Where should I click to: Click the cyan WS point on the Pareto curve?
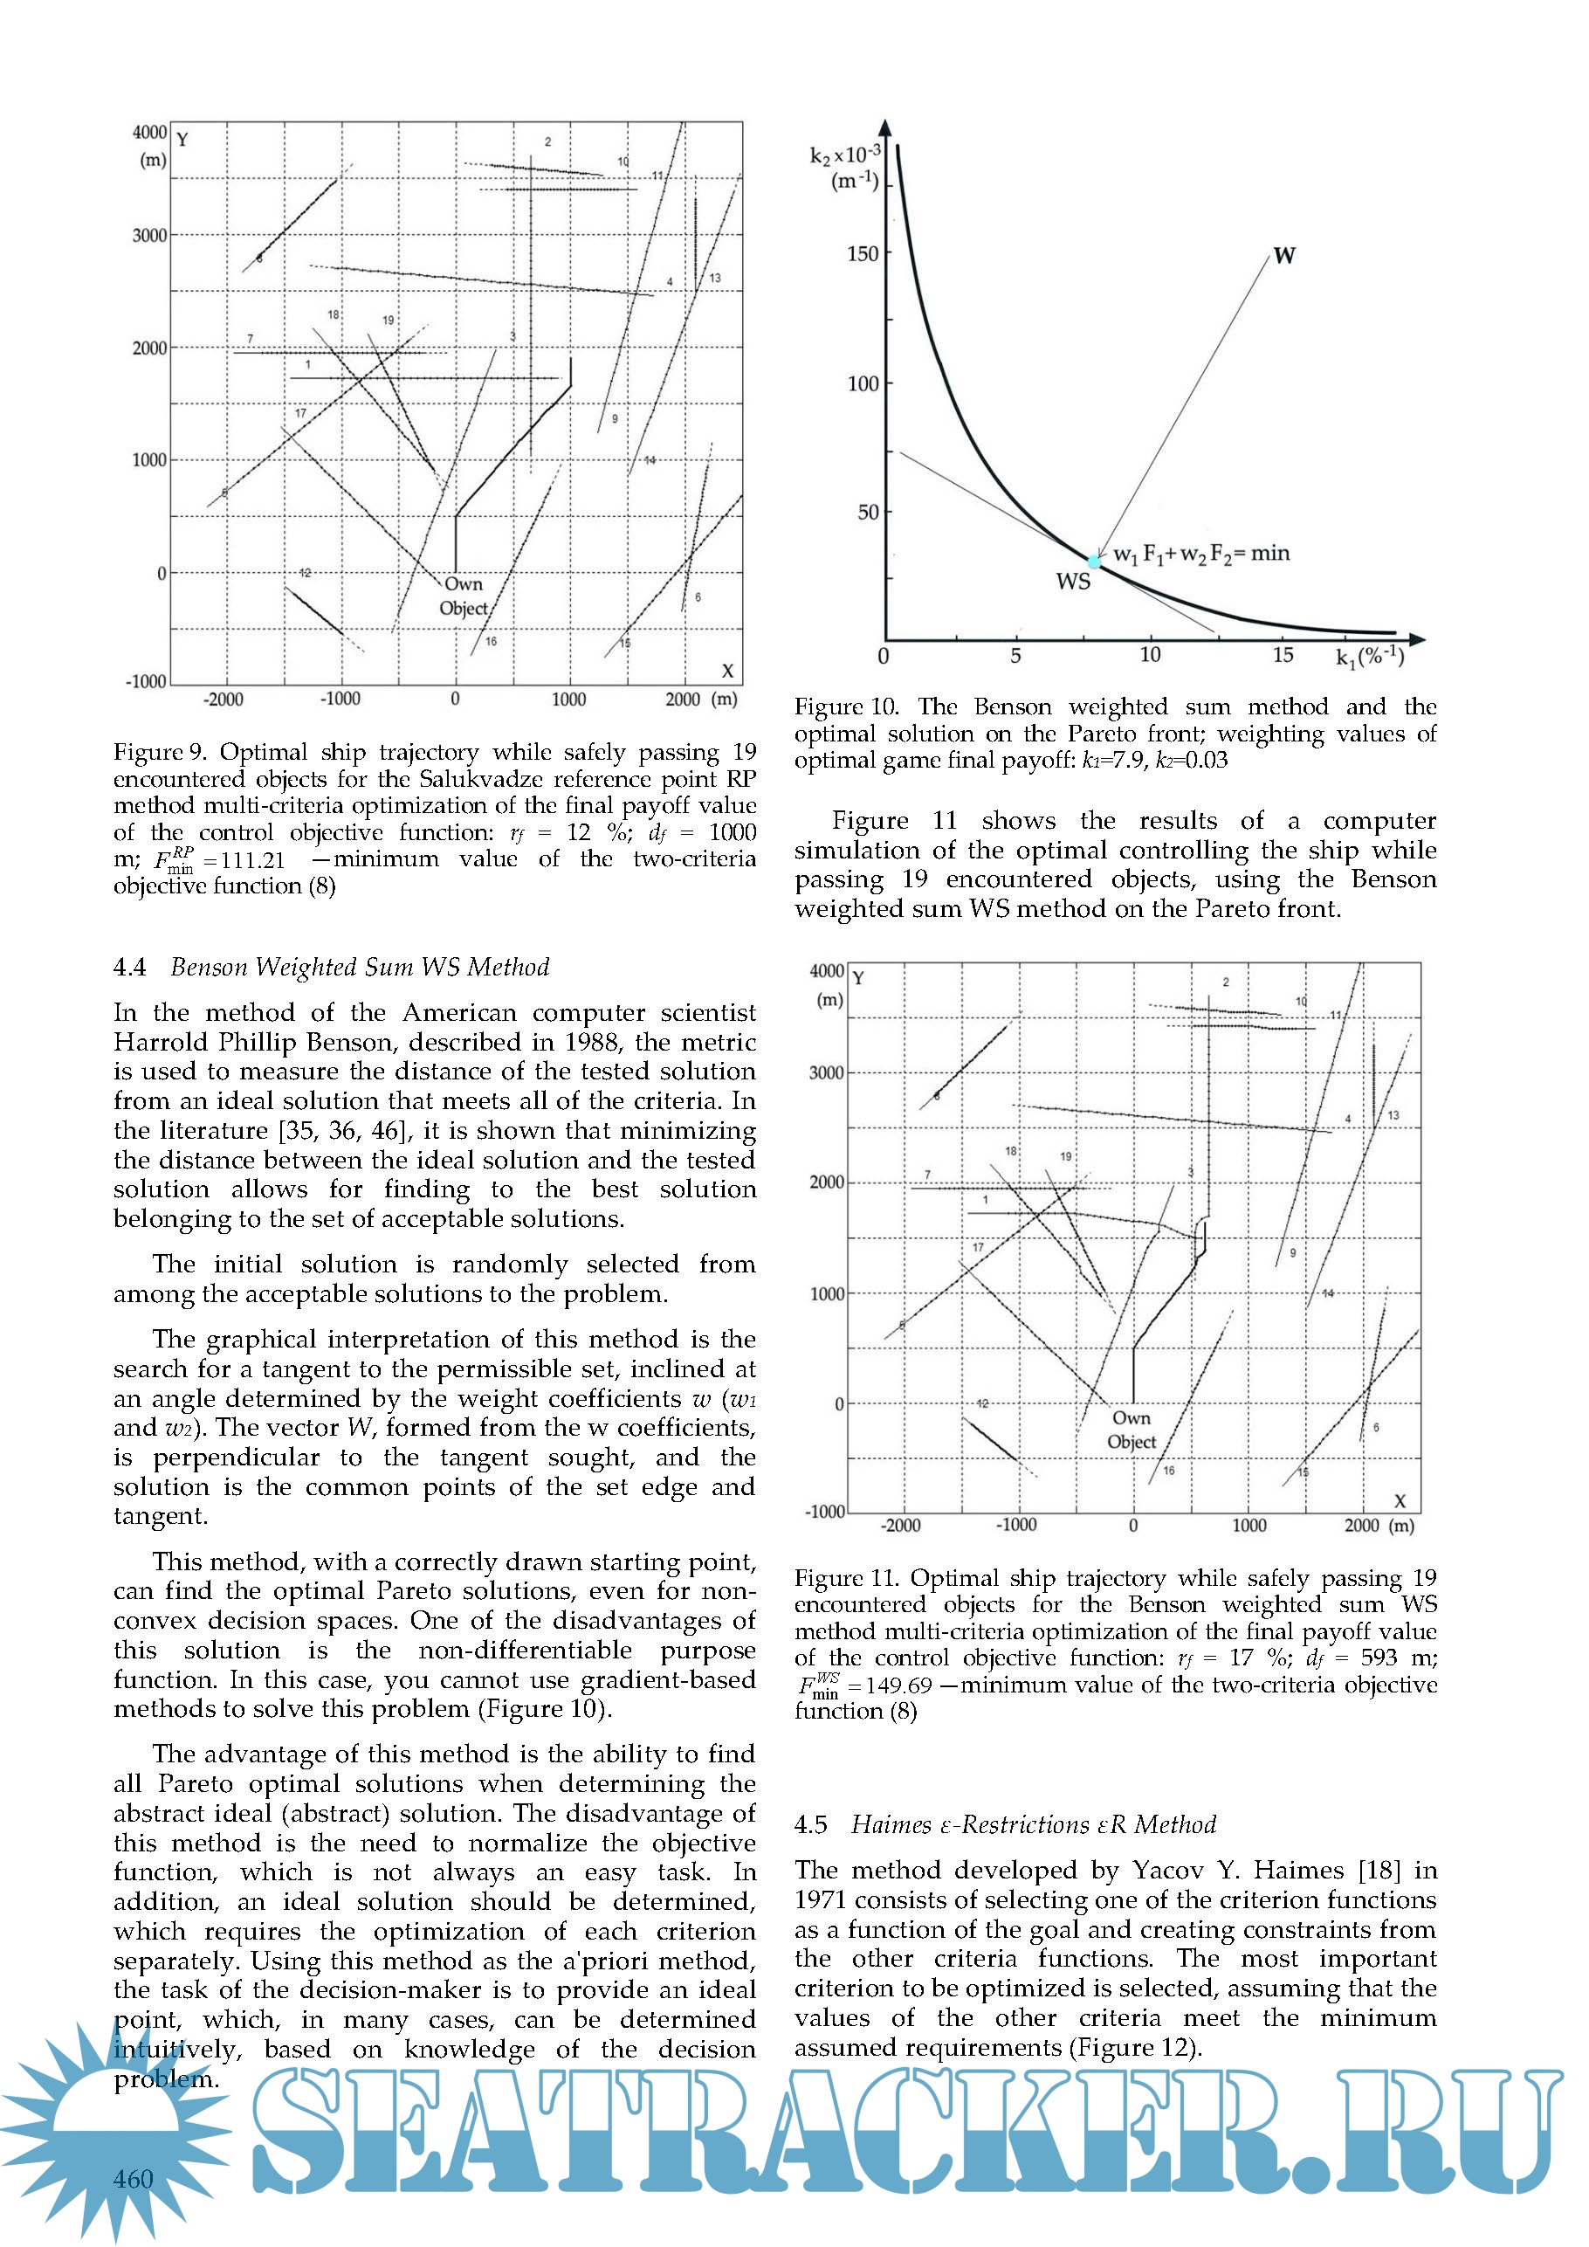pos(1094,562)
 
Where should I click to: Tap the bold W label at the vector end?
pos(1284,257)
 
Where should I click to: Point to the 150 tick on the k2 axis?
pos(862,254)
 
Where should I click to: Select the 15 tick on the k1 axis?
pos(1283,656)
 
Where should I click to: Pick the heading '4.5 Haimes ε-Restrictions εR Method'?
pos(1005,1824)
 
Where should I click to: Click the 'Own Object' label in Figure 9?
pos(463,596)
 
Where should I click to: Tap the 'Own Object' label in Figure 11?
pos(1132,1430)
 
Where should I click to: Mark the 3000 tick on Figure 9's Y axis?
pos(149,236)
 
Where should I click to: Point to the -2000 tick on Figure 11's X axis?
pos(900,1526)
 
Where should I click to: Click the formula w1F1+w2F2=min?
pos(1201,554)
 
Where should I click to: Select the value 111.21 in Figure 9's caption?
pos(252,860)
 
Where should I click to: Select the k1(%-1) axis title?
pos(1370,657)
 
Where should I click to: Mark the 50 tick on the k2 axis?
pos(868,513)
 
